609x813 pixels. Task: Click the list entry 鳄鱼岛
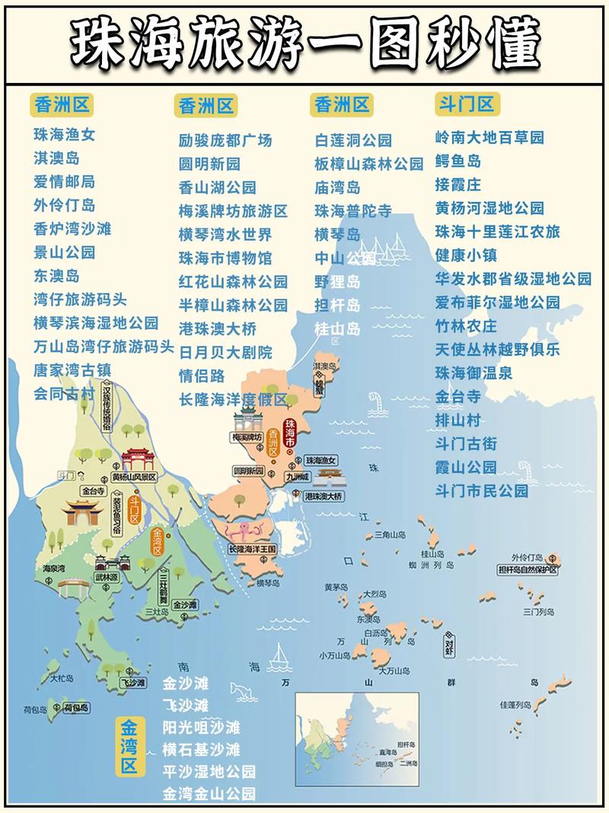click(x=458, y=162)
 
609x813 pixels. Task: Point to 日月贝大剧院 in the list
click(x=225, y=352)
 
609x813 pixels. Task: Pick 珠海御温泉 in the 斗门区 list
click(x=473, y=373)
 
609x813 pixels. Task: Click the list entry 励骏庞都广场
click(x=225, y=140)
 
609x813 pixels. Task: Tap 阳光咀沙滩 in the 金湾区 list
click(x=201, y=727)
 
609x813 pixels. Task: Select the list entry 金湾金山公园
click(x=209, y=793)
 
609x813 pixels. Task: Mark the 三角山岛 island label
click(x=391, y=536)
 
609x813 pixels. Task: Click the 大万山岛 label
click(x=394, y=671)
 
